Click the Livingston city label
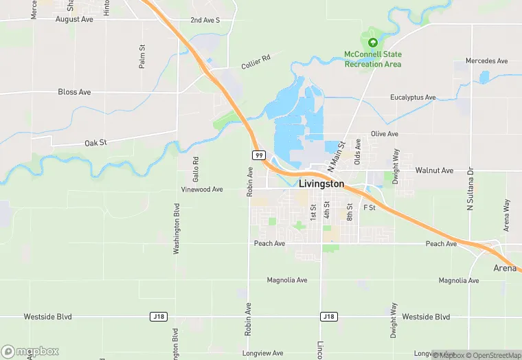pos(321,184)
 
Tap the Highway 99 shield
pos(259,155)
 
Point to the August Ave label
pos(74,20)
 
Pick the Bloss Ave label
pos(74,92)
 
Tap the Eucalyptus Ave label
pos(413,98)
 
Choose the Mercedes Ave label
pos(486,61)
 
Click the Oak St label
pos(95,143)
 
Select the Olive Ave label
pos(385,134)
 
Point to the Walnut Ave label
pos(434,170)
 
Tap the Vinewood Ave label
pos(202,189)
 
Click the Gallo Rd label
pos(196,168)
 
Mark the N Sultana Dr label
pos(470,188)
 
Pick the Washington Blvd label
pos(177,229)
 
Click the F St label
pos(370,207)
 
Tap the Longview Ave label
pos(263,353)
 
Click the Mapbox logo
pos(30,351)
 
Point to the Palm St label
pos(142,56)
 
